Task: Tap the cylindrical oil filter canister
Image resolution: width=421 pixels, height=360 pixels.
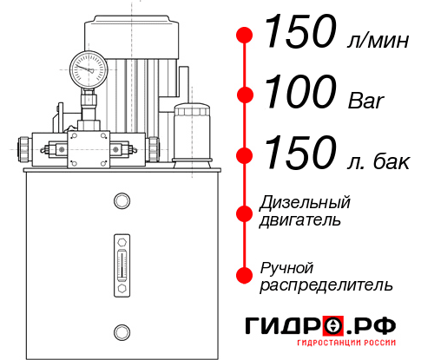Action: coord(193,133)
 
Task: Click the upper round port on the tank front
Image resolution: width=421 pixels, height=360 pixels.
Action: coord(122,201)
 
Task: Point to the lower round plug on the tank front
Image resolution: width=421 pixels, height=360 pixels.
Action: coord(122,330)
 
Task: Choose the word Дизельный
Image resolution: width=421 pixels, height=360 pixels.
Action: coord(305,203)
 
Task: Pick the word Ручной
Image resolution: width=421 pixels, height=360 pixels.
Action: coord(286,267)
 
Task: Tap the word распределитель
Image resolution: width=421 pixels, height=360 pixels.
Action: coord(326,285)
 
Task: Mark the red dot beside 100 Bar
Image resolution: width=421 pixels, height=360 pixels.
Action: coord(245,95)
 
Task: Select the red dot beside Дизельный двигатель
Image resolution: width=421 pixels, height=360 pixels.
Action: coord(245,211)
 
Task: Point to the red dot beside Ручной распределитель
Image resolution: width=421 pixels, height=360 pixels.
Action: coord(245,275)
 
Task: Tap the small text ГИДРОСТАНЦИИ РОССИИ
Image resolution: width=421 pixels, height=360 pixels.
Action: coord(345,347)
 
